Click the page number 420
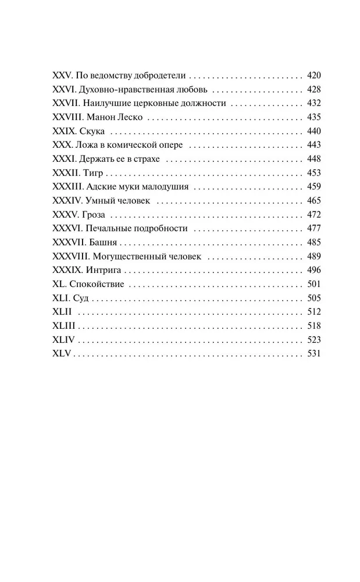tap(313, 76)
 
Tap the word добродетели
tap(163, 76)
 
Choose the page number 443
tap(313, 145)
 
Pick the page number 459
tap(313, 187)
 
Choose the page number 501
tap(313, 284)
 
